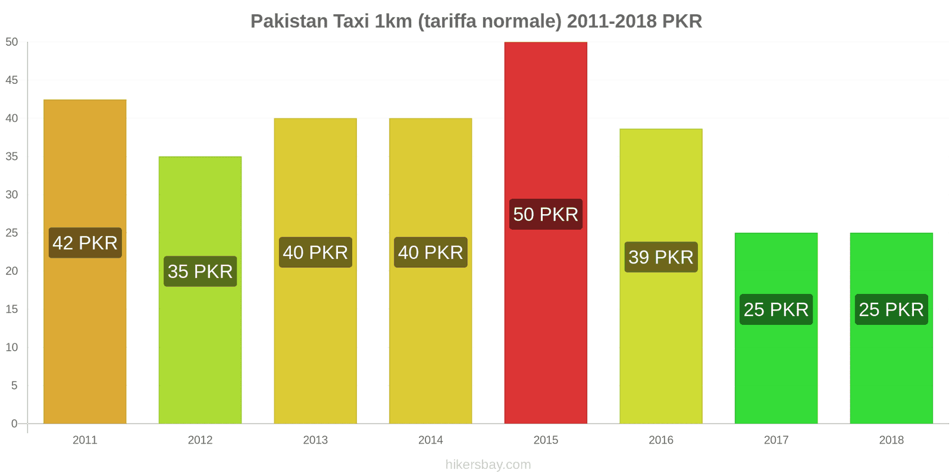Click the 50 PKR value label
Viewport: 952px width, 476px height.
(x=546, y=214)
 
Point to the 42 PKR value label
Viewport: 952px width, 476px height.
(x=85, y=243)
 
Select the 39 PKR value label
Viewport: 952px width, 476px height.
(x=660, y=257)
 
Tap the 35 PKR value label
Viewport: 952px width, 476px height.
(x=200, y=271)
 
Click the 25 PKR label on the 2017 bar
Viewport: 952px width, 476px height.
(x=776, y=309)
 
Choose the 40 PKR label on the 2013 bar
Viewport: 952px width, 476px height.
(x=315, y=252)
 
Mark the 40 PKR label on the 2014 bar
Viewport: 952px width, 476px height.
(x=430, y=252)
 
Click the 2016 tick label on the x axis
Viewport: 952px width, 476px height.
(x=660, y=440)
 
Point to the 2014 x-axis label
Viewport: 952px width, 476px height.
(x=430, y=440)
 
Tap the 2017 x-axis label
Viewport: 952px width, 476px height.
(x=776, y=440)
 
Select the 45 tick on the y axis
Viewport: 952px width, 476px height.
(x=12, y=80)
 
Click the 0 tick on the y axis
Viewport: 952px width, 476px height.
(x=14, y=424)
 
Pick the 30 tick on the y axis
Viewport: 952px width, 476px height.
(x=12, y=195)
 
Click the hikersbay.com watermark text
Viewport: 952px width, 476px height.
(x=488, y=465)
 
